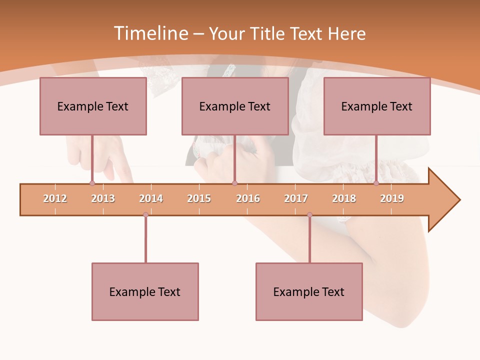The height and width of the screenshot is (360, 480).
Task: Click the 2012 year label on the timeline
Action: (55, 198)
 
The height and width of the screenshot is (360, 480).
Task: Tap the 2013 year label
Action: (103, 198)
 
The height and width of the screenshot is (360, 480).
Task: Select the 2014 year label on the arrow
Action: (151, 198)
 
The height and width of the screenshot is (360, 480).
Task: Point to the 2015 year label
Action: (199, 198)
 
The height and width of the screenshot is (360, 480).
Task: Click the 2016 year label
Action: (248, 198)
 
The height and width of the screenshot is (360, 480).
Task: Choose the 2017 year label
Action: (296, 198)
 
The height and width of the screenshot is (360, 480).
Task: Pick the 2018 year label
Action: (344, 198)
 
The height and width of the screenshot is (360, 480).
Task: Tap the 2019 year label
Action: (392, 198)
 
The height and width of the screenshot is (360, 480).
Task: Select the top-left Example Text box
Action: (93, 106)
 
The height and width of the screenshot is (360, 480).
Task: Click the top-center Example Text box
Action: (235, 106)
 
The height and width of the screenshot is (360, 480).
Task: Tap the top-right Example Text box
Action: (377, 106)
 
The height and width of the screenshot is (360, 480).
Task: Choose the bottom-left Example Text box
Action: (145, 292)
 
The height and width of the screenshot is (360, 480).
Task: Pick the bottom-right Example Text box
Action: (309, 292)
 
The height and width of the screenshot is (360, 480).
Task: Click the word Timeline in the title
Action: (150, 33)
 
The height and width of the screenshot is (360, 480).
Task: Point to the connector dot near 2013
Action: (92, 183)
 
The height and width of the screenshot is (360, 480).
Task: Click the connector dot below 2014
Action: (145, 214)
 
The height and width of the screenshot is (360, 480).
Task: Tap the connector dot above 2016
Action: (234, 183)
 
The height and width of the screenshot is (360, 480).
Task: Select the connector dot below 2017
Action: (309, 214)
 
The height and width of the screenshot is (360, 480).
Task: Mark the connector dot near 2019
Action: (376, 183)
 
